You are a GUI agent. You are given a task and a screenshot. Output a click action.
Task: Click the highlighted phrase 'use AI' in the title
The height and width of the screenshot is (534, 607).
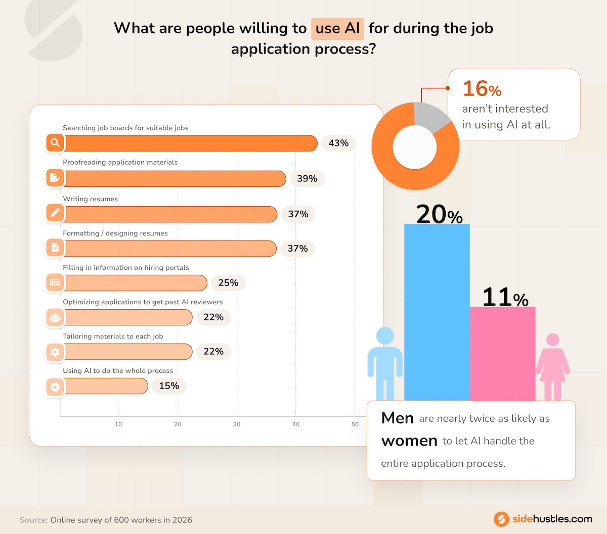click(x=337, y=28)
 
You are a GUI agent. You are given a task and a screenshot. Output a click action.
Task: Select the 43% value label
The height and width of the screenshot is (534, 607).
click(x=338, y=143)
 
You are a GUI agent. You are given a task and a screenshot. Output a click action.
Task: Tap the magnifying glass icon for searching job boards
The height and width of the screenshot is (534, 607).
click(x=55, y=143)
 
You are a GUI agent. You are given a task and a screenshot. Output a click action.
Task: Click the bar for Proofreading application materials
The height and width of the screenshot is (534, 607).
click(x=175, y=178)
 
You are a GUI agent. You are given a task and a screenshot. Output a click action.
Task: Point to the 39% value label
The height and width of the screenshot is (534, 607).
click(x=307, y=178)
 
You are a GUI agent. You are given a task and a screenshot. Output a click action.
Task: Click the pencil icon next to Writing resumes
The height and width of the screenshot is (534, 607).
click(x=55, y=213)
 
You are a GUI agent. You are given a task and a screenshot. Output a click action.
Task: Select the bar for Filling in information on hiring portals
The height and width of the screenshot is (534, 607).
click(x=135, y=282)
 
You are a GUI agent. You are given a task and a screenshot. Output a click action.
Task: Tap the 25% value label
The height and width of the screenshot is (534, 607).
click(x=228, y=282)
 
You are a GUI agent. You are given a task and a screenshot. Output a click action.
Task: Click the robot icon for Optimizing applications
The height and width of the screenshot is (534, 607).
click(x=55, y=317)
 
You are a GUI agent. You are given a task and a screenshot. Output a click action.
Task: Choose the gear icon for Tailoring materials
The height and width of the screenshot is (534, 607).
click(x=55, y=352)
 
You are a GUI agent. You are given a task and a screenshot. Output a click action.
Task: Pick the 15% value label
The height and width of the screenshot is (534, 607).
click(x=169, y=386)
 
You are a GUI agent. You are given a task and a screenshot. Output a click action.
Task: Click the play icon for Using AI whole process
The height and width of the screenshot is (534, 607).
click(x=55, y=387)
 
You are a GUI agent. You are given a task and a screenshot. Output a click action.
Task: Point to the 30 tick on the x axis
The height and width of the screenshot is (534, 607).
click(x=237, y=424)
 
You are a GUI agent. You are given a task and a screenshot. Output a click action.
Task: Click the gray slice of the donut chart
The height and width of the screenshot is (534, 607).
click(x=430, y=115)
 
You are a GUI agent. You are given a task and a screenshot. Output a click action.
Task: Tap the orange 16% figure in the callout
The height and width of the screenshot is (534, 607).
click(x=482, y=89)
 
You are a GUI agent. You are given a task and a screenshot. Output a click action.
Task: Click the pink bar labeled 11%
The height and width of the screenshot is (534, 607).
click(x=502, y=354)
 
